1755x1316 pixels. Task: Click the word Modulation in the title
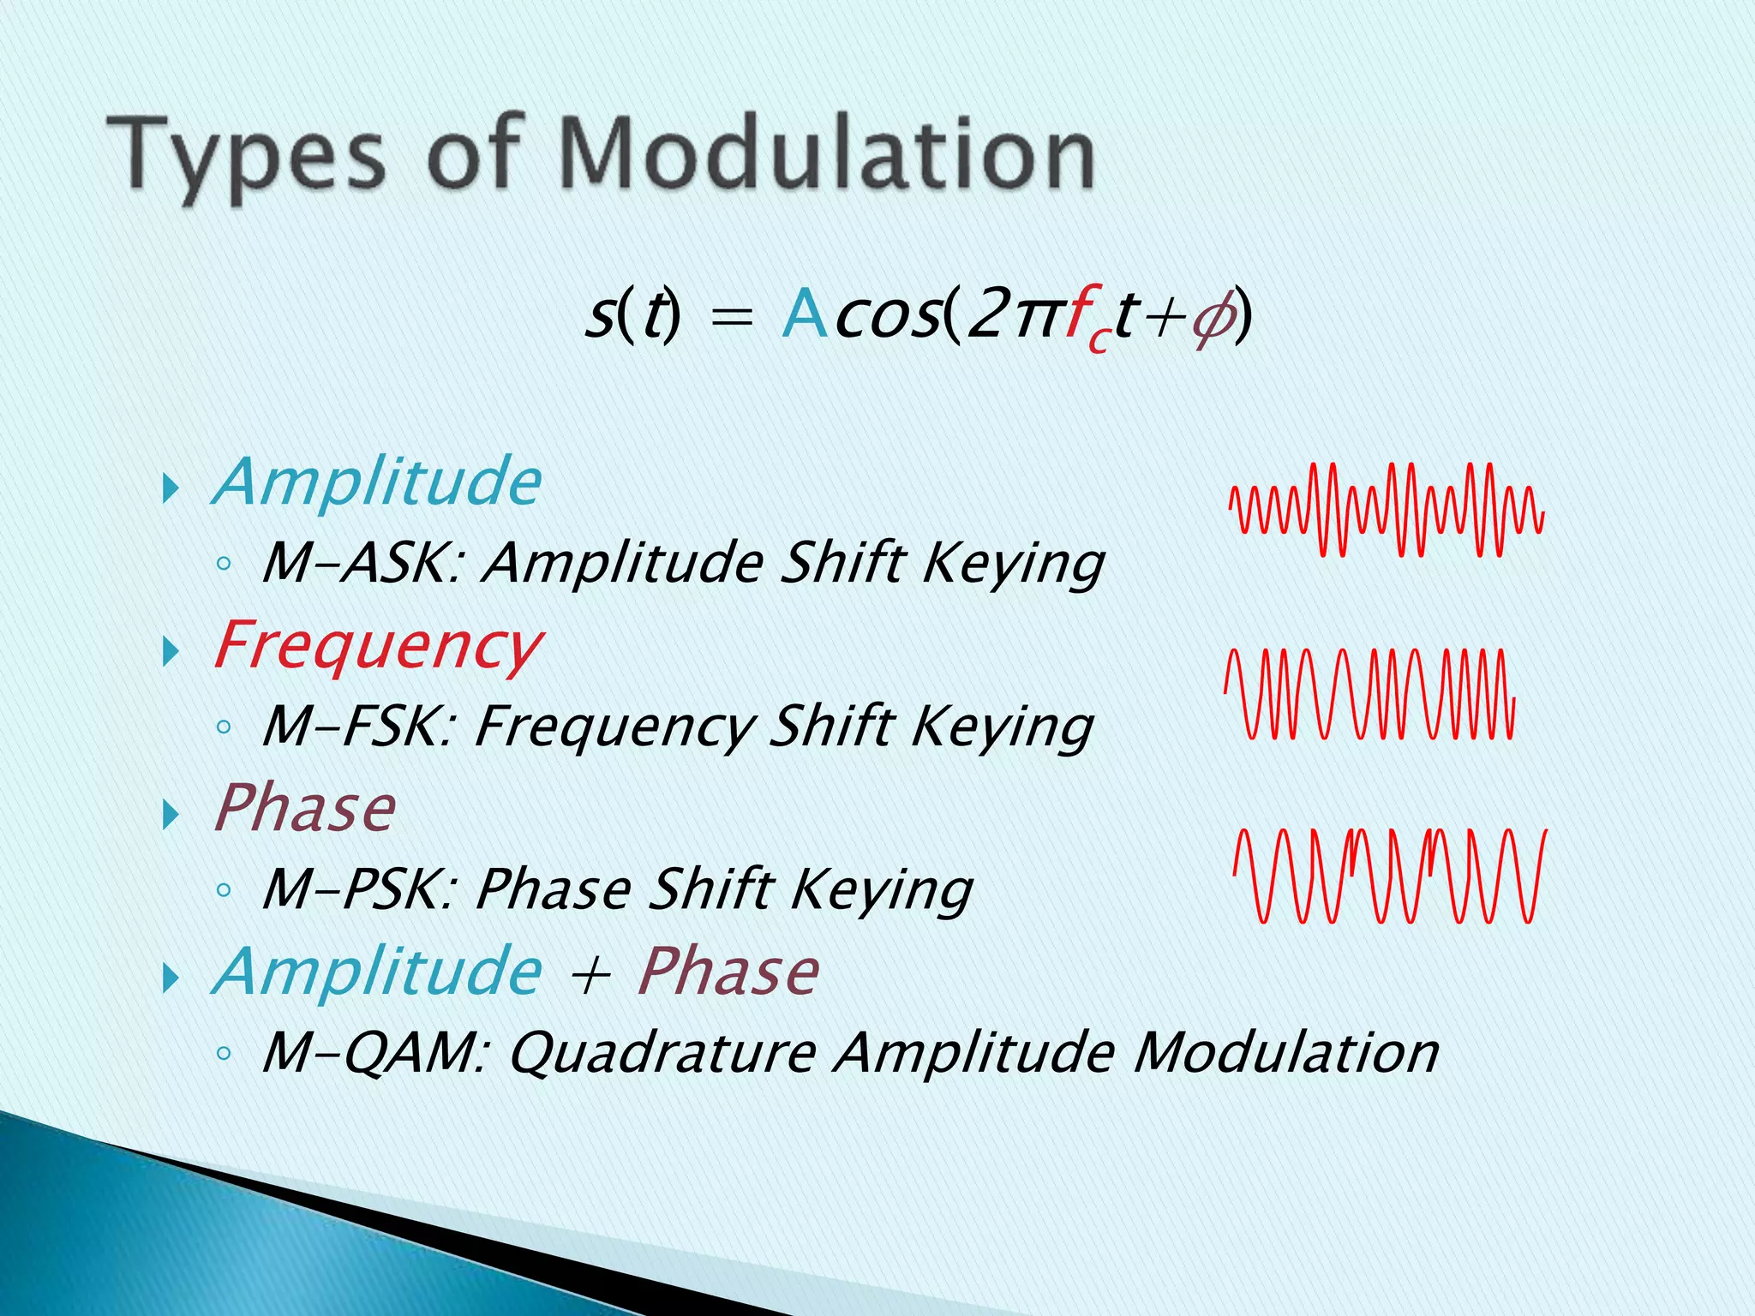[x=827, y=154]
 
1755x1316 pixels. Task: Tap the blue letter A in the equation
[x=804, y=314]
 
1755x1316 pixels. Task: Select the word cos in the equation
[x=887, y=316]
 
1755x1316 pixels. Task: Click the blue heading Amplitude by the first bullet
[x=377, y=482]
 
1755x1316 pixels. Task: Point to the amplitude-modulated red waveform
[x=1386, y=510]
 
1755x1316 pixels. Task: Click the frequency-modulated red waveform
[x=1369, y=694]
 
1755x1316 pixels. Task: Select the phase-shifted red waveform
[x=1389, y=876]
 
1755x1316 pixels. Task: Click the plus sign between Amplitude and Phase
[x=590, y=975]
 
